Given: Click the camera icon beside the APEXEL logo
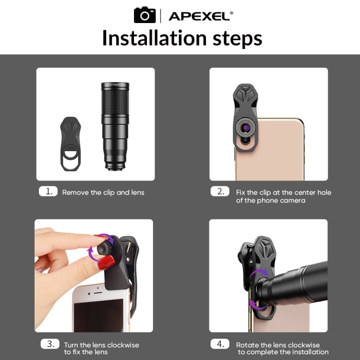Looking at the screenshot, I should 144,15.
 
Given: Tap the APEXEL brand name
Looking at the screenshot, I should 201,16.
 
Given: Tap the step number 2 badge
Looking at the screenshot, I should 220,192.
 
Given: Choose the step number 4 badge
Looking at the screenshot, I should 220,344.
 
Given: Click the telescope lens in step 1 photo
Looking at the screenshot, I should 115,127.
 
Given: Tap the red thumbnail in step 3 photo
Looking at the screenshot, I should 107,262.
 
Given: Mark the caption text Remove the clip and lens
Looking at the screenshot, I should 103,192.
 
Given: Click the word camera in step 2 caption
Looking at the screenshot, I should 290,200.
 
